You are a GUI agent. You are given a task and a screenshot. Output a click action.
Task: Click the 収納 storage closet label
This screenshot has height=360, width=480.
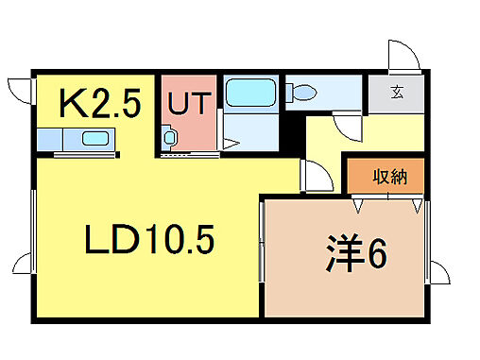pos(388,176)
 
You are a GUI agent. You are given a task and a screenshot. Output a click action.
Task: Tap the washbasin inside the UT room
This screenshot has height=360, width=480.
pos(169,138)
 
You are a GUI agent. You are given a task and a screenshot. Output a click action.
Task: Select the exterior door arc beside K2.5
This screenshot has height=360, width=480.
pos(20,94)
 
